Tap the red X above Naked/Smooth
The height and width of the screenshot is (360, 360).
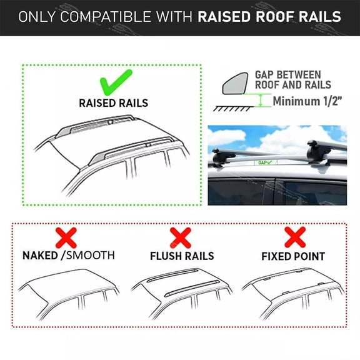66,237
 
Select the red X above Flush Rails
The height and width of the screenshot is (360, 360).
181,237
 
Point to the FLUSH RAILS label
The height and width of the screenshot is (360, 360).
181,256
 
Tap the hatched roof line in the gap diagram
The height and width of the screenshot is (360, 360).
234,107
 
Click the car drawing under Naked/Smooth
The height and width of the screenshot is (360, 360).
69,294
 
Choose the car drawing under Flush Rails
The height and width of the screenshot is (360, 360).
182,294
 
